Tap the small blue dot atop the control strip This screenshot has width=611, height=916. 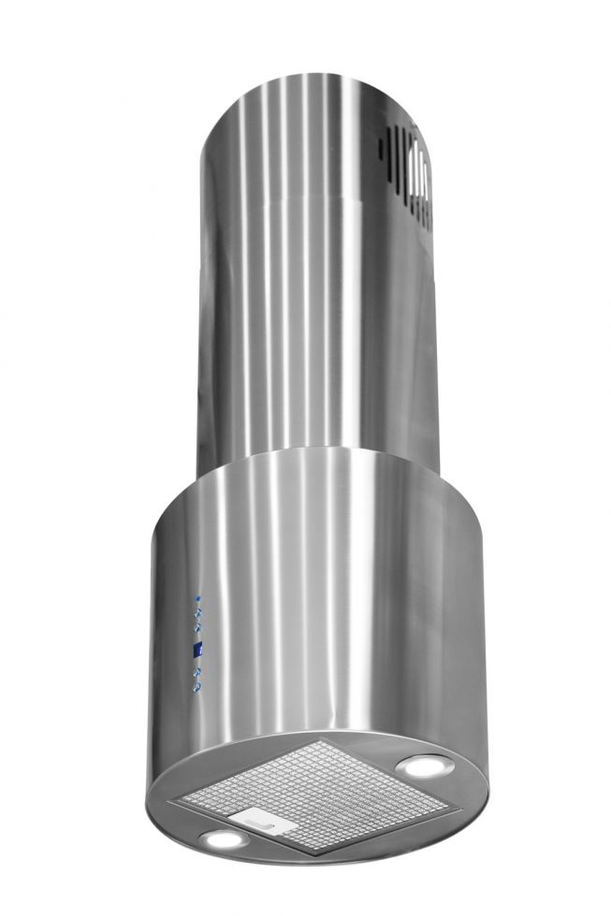tap(196, 597)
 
